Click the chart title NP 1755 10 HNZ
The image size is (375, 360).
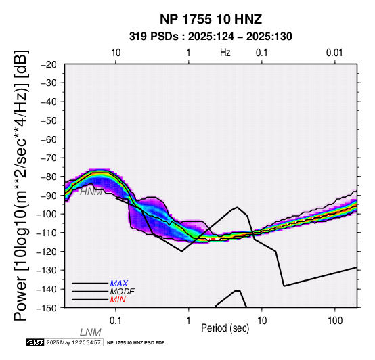[x=211, y=19]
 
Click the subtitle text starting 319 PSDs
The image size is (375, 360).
[x=211, y=37]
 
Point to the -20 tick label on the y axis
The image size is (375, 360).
[x=49, y=64]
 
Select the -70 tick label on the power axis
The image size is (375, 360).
[x=49, y=158]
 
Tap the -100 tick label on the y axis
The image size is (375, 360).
[x=47, y=214]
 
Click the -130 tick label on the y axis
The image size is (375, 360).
[x=47, y=270]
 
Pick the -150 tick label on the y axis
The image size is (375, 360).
[x=47, y=308]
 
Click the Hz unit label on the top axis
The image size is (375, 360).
[x=225, y=53]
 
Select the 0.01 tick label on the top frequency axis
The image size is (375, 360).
[x=334, y=53]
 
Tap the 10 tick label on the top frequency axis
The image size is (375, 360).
[x=116, y=53]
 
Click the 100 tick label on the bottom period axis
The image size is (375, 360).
[x=335, y=321]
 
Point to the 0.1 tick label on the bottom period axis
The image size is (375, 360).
[x=116, y=321]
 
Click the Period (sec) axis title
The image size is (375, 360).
[x=225, y=328]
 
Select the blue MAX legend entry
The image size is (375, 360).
[x=119, y=284]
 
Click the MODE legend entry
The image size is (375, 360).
[x=123, y=292]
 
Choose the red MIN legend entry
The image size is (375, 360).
[x=118, y=300]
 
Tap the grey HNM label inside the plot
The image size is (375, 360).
[x=91, y=192]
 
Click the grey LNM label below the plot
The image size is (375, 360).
[x=91, y=332]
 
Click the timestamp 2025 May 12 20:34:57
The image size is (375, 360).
[x=73, y=342]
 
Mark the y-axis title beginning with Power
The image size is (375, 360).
[x=20, y=185]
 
